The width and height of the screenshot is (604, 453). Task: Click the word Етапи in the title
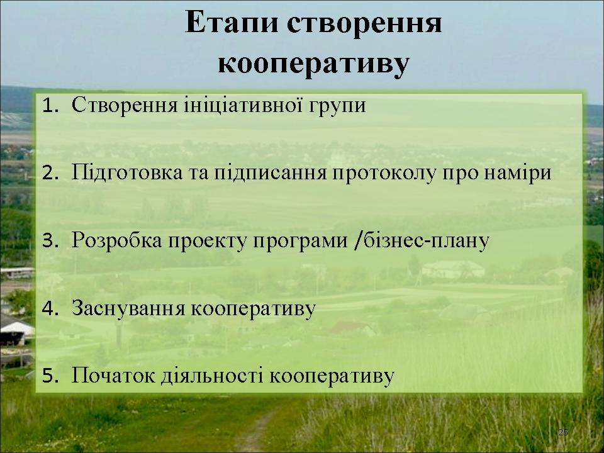232,23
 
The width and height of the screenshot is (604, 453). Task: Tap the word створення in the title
364,24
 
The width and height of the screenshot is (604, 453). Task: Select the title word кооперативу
313,64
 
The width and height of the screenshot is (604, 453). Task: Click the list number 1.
50,105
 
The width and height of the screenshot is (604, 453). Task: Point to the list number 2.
50,174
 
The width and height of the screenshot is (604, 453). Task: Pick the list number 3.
50,241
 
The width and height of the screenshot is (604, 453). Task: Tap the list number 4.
50,308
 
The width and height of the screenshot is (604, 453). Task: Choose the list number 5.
50,376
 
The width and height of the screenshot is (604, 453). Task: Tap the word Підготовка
127,172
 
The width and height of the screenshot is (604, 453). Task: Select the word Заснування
128,308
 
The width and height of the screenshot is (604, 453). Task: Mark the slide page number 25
563,432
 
